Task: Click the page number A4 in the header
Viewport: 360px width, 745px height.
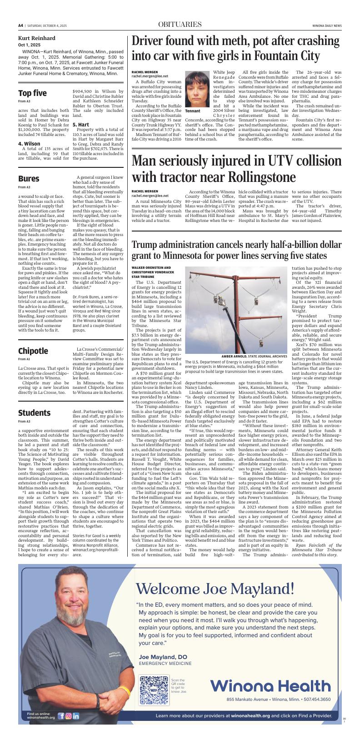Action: [21, 25]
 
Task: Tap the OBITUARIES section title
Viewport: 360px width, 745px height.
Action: [180, 25]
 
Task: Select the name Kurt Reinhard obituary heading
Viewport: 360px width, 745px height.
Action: [37, 38]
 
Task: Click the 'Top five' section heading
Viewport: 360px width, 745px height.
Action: [32, 93]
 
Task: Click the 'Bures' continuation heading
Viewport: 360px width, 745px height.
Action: [29, 179]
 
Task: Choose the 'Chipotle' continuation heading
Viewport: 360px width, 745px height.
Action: [33, 351]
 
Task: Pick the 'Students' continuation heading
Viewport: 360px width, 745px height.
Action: [34, 413]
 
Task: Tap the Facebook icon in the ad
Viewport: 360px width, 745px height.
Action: [61, 716]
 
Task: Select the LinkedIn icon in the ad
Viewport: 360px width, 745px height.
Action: [76, 716]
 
